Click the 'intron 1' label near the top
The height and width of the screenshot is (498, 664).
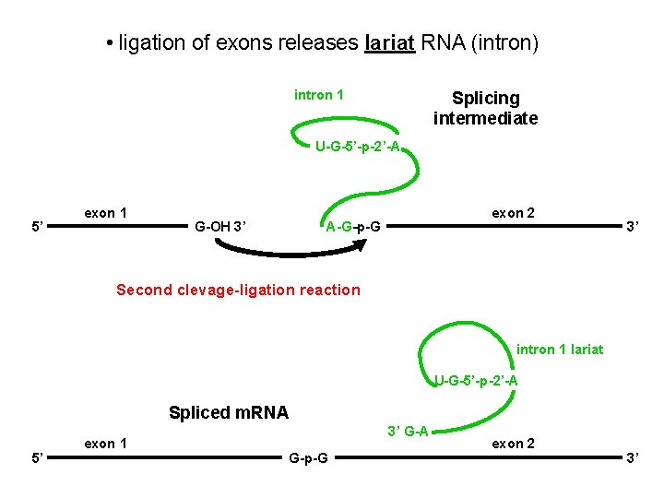pyautogui.click(x=319, y=94)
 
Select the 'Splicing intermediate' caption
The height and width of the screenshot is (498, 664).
pyautogui.click(x=485, y=108)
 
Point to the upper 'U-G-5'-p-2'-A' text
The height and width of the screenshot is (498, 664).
pyautogui.click(x=357, y=147)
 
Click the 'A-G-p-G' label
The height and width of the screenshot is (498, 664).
pyautogui.click(x=356, y=227)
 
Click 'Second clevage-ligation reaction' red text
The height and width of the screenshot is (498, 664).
pyautogui.click(x=238, y=290)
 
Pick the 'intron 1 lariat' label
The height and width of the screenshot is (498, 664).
pyautogui.click(x=560, y=349)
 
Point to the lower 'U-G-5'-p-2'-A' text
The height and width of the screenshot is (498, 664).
pyautogui.click(x=476, y=380)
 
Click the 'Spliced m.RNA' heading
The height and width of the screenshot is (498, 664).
pyautogui.click(x=229, y=413)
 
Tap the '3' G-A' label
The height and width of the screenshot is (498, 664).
pyautogui.click(x=408, y=431)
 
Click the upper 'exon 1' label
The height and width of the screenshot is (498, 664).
pyautogui.click(x=105, y=213)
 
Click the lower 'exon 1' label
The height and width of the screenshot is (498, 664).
pyautogui.click(x=105, y=444)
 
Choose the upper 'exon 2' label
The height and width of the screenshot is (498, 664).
pyautogui.click(x=513, y=213)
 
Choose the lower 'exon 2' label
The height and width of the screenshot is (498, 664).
pyautogui.click(x=513, y=444)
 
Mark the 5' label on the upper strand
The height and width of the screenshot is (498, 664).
pyautogui.click(x=35, y=226)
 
